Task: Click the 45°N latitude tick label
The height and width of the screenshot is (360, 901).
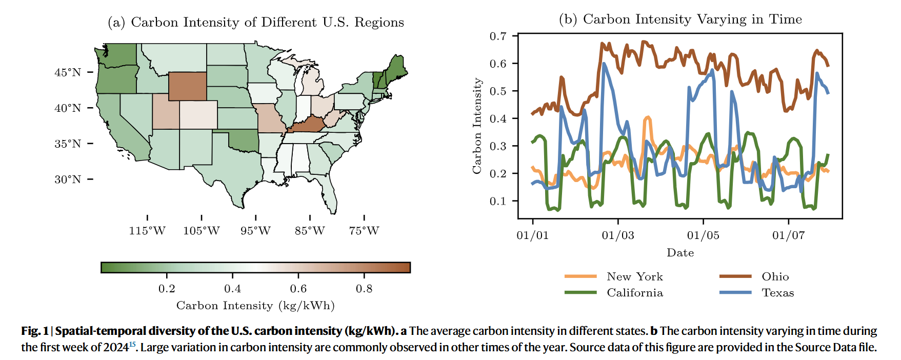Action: coord(68,72)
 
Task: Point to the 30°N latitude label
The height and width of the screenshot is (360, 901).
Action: coord(68,179)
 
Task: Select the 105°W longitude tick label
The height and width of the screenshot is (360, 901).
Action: coord(201,231)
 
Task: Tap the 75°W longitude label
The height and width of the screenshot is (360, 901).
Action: coord(364,231)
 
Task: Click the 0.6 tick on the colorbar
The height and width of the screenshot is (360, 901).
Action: coord(298,289)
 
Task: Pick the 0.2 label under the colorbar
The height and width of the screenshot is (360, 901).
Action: coord(167,289)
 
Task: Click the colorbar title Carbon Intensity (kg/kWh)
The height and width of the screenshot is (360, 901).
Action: coord(255,306)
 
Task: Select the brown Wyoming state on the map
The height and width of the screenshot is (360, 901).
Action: coord(188,86)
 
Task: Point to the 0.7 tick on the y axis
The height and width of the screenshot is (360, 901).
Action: coord(498,36)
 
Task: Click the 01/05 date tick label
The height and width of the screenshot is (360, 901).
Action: coord(703,235)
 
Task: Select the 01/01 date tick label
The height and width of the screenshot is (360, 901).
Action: coord(532,235)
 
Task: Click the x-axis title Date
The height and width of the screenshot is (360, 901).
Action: coord(680,253)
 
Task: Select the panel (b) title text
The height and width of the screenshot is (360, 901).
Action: coord(680,19)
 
